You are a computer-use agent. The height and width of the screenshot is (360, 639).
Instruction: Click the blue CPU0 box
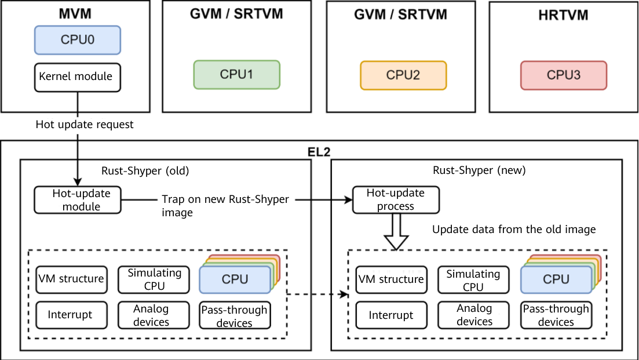click(x=77, y=40)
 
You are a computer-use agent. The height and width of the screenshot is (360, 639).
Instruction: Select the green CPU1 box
click(x=236, y=75)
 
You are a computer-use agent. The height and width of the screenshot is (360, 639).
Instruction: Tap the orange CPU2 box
click(x=403, y=75)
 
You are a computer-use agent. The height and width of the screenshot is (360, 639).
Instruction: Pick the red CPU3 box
click(x=563, y=75)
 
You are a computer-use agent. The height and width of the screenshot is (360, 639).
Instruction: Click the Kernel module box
click(x=77, y=77)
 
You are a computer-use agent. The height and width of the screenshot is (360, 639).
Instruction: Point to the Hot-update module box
click(x=77, y=199)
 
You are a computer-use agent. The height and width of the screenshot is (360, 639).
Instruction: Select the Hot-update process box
click(x=396, y=199)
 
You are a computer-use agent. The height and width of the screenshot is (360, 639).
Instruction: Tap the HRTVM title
click(x=563, y=15)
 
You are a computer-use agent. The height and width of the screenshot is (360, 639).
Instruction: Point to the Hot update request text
click(x=85, y=124)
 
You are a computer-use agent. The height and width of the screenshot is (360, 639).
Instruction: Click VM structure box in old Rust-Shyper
click(x=70, y=279)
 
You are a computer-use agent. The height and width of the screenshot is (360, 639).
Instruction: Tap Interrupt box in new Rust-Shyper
click(x=391, y=315)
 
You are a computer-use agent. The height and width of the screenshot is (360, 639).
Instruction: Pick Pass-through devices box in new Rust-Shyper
click(x=556, y=315)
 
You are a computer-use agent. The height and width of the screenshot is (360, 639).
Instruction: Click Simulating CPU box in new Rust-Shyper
click(x=473, y=280)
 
